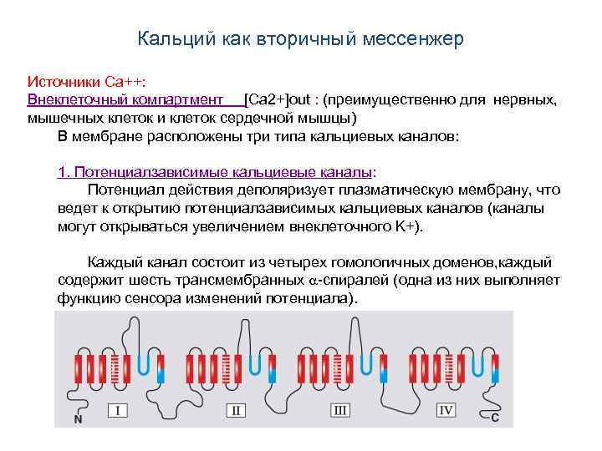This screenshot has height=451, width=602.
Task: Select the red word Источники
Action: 64,83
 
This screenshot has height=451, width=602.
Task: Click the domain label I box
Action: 118,410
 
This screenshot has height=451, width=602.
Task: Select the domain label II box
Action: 237,410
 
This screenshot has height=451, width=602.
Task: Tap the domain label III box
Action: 340,410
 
